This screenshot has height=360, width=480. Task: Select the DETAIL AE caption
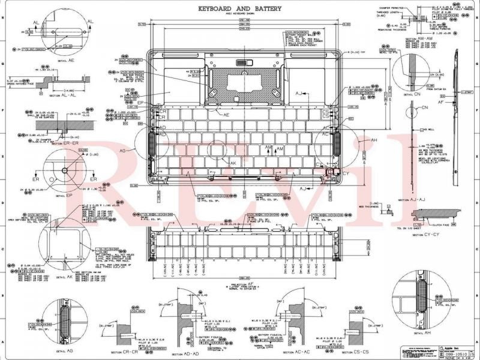pos(66,61)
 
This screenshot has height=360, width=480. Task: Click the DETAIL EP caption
pos(64,196)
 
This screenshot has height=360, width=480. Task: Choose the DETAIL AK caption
pos(65,277)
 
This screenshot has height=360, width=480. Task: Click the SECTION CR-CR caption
pos(125,353)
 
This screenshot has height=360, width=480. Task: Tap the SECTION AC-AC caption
pos(293,353)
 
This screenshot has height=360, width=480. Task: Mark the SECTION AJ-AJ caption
pos(413,199)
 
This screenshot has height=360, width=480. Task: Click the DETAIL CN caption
pos(412,95)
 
